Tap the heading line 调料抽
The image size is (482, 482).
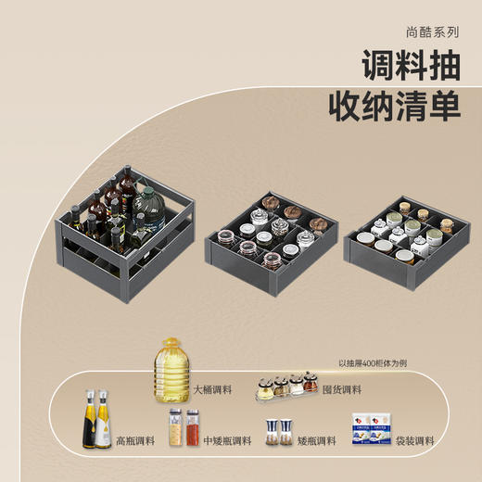tap(410, 66)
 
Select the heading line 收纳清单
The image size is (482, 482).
tap(394, 107)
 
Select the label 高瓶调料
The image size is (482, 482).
tap(136, 440)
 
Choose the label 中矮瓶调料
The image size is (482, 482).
tap(225, 440)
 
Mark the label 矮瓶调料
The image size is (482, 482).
tap(314, 440)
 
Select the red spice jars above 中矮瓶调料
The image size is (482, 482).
tap(184, 427)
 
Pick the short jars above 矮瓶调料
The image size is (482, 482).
tap(274, 430)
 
